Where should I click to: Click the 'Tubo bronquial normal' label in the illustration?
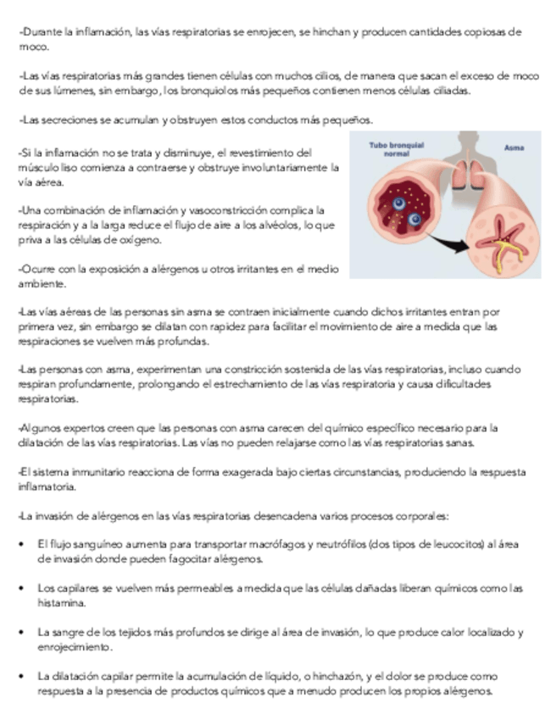point(397,150)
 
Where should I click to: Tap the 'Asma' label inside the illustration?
point(514,148)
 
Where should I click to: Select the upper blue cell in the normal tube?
point(398,203)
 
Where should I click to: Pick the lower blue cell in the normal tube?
point(414,220)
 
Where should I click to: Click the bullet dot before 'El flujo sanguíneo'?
point(21,543)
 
